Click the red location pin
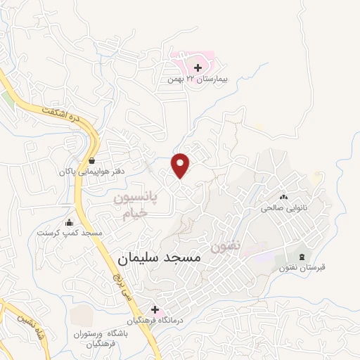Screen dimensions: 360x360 (x=181, y=165)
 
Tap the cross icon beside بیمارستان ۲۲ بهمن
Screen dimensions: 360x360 (x=198, y=68)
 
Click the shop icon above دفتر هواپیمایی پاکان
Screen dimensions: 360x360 (x=92, y=160)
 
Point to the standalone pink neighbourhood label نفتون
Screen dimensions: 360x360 (x=225, y=247)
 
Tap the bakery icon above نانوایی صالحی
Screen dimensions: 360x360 (x=285, y=198)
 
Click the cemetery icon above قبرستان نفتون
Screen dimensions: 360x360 (x=302, y=256)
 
